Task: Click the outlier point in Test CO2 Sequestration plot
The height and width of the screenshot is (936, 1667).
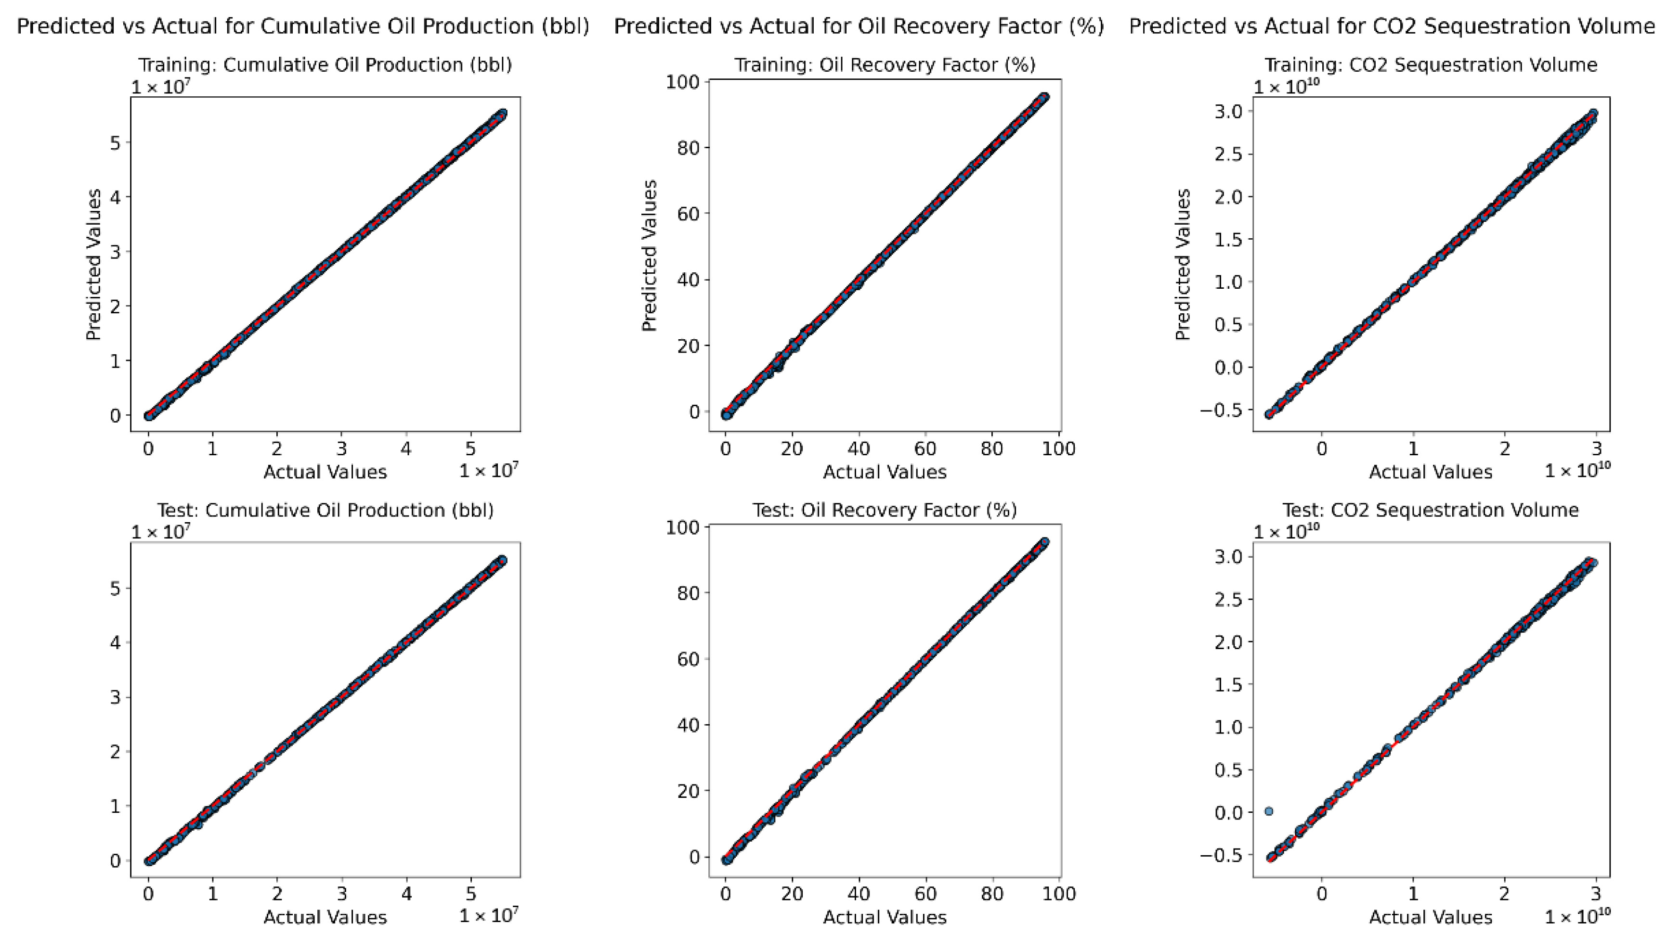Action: click(1269, 811)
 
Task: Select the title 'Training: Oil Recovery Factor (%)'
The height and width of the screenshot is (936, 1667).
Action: click(885, 64)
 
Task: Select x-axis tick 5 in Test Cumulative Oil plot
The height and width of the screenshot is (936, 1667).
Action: click(471, 894)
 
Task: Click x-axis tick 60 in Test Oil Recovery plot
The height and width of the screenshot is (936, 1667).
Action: click(926, 894)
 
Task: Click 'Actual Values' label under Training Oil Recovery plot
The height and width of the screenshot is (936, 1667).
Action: click(885, 472)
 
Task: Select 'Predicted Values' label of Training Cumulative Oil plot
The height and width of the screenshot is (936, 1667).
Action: click(94, 265)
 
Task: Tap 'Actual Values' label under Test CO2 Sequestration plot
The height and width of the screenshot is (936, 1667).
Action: click(1431, 917)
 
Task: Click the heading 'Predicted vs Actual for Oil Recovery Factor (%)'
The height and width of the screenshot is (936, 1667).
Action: click(859, 26)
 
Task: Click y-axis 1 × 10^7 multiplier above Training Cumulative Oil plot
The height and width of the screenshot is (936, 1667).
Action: click(161, 86)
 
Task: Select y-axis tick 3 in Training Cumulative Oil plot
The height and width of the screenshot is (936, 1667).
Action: click(116, 252)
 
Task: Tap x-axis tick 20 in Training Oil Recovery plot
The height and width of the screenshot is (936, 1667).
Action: click(792, 449)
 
